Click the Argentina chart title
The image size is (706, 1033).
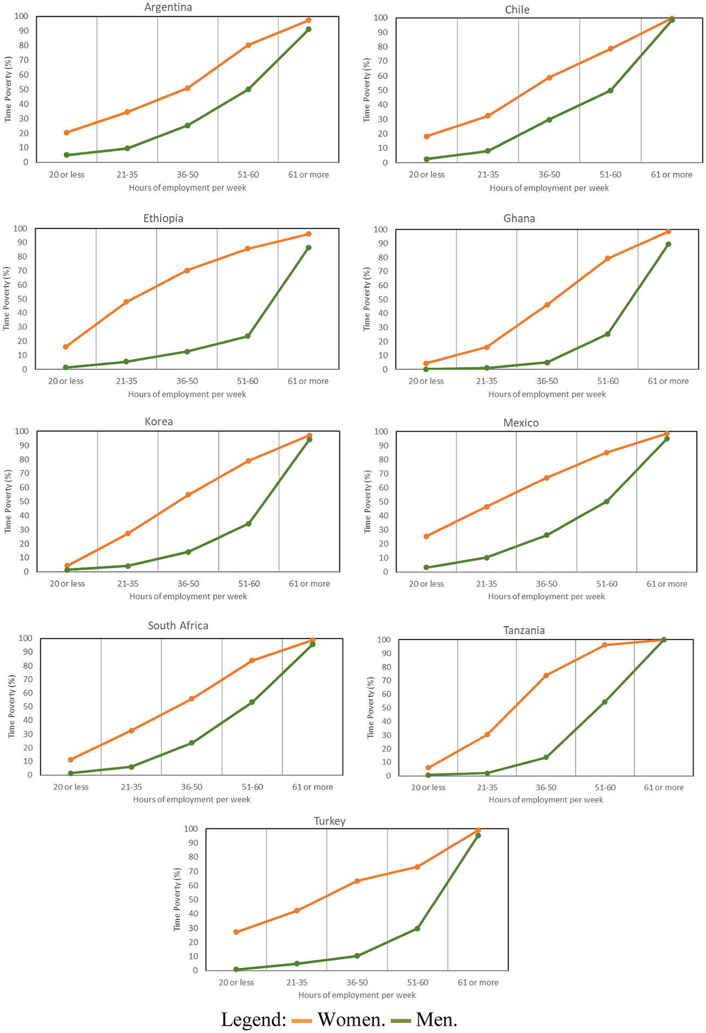point(168,7)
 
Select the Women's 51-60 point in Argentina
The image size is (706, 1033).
point(248,45)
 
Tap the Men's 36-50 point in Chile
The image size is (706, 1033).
point(549,120)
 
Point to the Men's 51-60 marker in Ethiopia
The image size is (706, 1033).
point(248,336)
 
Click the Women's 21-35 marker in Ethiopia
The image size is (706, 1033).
point(126,302)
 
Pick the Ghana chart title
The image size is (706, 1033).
point(519,218)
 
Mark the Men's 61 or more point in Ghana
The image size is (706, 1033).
point(668,244)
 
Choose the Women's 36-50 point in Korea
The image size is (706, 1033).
point(188,495)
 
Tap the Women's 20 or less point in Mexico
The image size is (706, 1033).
point(427,537)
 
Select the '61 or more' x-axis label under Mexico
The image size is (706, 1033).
point(667,584)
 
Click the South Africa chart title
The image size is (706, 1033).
point(178,626)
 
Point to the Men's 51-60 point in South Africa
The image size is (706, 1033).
point(252,702)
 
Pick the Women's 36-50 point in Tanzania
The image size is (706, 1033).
point(546,676)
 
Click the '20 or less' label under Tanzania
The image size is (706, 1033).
point(428,787)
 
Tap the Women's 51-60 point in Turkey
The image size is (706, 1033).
point(417,867)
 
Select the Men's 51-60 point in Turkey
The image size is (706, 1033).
point(417,928)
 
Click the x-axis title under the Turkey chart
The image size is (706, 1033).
point(357,995)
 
